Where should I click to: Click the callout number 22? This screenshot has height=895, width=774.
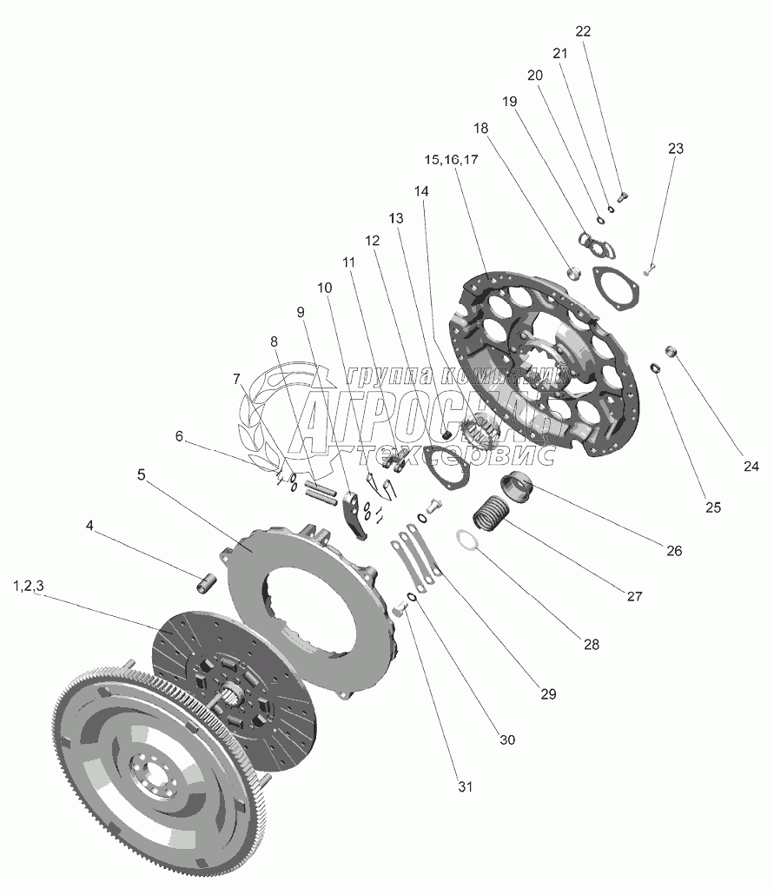(583, 30)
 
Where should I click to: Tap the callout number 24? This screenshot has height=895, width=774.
(751, 467)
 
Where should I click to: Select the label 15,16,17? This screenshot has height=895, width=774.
(451, 160)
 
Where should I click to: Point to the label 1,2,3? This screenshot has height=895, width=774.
(29, 586)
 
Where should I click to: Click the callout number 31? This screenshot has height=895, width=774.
(466, 786)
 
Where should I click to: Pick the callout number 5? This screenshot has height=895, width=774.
(141, 475)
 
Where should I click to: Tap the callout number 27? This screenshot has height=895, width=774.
(634, 596)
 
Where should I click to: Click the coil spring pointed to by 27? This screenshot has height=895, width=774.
(490, 514)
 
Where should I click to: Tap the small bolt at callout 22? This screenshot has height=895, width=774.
(622, 197)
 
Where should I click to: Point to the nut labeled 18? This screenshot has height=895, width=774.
(573, 272)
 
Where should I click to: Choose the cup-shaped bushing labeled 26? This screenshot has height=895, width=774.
(517, 488)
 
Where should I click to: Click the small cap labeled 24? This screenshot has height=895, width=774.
(671, 350)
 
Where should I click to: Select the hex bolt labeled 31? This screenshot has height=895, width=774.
(400, 610)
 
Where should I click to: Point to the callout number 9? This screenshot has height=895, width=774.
(301, 312)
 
